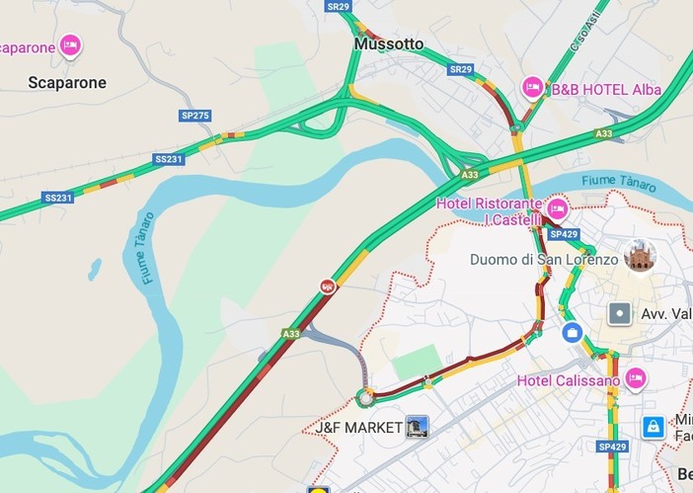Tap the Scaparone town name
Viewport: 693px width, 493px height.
click(x=66, y=83)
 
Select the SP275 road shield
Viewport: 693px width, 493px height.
click(x=195, y=116)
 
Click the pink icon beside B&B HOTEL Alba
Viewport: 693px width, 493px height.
click(x=532, y=88)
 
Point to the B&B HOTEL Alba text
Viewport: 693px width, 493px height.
click(x=606, y=90)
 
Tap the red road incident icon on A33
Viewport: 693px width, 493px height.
click(x=328, y=287)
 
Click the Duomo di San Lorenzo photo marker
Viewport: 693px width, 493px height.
click(x=640, y=255)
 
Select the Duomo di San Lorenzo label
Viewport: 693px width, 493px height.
click(x=544, y=260)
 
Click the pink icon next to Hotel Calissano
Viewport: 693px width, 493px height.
click(x=635, y=378)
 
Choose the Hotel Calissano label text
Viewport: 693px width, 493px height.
click(x=568, y=380)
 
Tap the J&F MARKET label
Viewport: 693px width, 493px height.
click(x=354, y=428)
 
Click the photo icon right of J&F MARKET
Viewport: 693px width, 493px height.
click(x=417, y=427)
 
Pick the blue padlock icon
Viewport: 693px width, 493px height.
click(x=653, y=426)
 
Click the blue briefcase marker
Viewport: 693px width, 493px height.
click(x=572, y=333)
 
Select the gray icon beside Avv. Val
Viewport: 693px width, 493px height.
click(x=619, y=314)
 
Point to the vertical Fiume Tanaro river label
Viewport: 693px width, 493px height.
click(x=148, y=248)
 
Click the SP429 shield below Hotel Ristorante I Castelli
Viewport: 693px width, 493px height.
click(x=564, y=234)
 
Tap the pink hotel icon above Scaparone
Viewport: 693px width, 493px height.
click(x=70, y=44)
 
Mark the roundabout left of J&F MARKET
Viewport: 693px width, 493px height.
click(x=366, y=398)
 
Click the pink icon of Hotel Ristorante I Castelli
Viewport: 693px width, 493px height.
click(x=557, y=208)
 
